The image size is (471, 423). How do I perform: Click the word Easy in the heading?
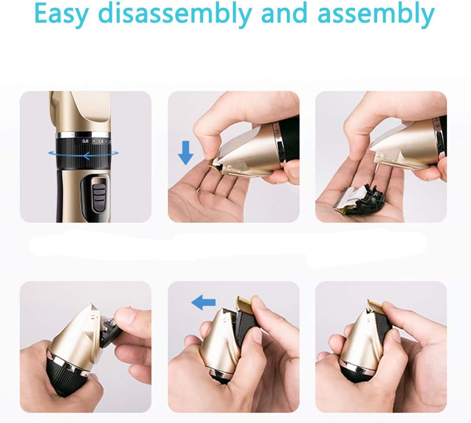(62, 15)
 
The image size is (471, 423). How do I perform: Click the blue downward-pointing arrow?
(185, 151)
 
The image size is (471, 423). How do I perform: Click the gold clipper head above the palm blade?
(399, 150)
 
